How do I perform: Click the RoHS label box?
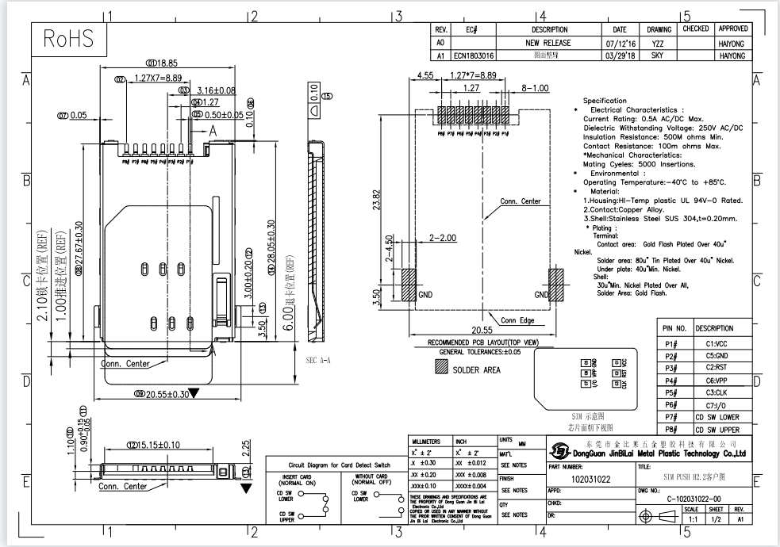point(68,38)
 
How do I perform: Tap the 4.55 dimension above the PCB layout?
point(425,77)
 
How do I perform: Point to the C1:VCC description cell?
point(715,344)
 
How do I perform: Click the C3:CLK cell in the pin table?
point(715,392)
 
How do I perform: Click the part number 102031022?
point(590,479)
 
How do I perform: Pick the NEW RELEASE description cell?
point(548,43)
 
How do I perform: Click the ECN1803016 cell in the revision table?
point(475,56)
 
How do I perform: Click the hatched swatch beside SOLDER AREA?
point(440,369)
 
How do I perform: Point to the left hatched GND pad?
point(409,285)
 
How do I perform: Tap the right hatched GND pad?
point(555,285)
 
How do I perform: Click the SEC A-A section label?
point(319,359)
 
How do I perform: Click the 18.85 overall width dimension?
point(162,63)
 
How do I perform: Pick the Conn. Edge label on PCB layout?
point(515,320)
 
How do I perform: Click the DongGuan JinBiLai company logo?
point(559,453)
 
